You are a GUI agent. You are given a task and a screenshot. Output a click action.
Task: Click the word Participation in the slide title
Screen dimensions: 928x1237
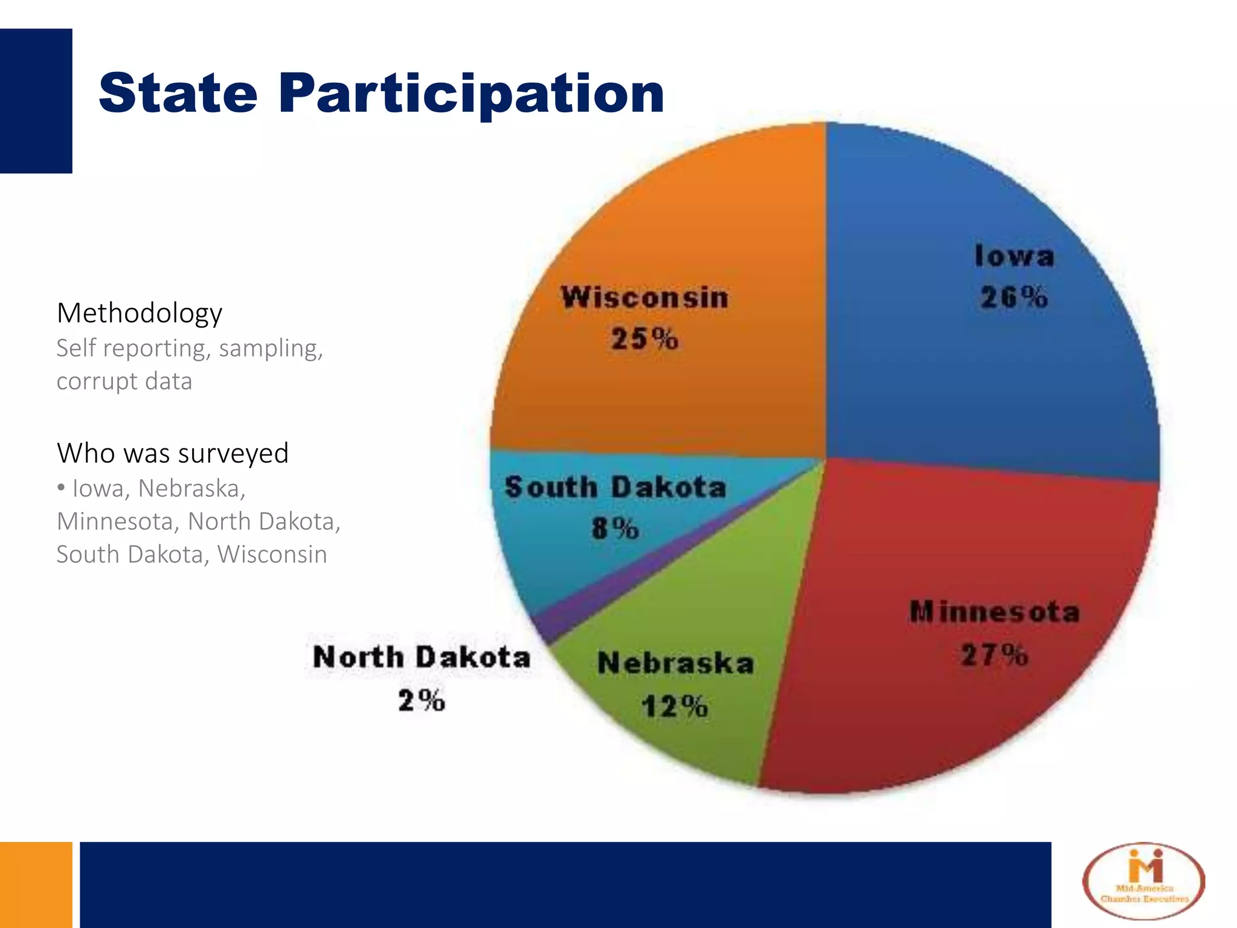pos(471,94)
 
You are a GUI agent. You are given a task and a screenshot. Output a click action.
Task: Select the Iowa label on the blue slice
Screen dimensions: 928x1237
pos(1014,256)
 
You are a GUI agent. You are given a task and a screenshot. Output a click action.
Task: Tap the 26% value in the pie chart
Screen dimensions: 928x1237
pos(1014,297)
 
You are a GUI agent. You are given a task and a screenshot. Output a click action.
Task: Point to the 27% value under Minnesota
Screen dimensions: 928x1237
pos(994,655)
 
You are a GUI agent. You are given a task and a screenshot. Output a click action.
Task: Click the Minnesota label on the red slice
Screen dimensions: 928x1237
pos(994,613)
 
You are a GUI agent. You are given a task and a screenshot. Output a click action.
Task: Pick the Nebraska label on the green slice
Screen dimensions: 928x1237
pos(675,663)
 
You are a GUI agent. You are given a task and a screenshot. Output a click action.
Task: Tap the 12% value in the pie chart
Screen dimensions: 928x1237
pos(674,706)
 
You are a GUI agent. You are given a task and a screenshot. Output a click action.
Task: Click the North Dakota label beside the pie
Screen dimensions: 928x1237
pos(422,657)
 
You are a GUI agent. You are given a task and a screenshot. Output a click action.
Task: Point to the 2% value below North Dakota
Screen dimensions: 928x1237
pos(422,701)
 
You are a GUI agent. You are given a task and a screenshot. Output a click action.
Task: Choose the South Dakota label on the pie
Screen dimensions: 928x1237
pos(615,487)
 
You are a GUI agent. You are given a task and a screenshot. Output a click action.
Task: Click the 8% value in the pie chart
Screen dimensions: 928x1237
pos(615,529)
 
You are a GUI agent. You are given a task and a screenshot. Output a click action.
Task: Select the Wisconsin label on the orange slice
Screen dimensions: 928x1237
pos(644,298)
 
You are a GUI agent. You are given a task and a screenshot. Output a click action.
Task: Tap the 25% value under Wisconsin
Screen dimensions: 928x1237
pos(644,338)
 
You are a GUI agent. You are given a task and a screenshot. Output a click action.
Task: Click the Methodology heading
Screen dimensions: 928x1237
pos(140,313)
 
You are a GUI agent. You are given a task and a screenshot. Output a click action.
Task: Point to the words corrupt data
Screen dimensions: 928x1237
pos(124,381)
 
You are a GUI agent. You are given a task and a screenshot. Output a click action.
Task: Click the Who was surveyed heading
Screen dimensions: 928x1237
pos(173,453)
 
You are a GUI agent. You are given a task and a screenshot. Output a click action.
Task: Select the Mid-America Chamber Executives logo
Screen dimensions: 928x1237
pos(1143,882)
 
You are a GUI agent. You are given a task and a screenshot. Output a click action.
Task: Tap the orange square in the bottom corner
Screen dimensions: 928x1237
pos(36,884)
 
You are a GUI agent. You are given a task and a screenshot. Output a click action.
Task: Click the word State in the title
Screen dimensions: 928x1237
pos(178,94)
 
